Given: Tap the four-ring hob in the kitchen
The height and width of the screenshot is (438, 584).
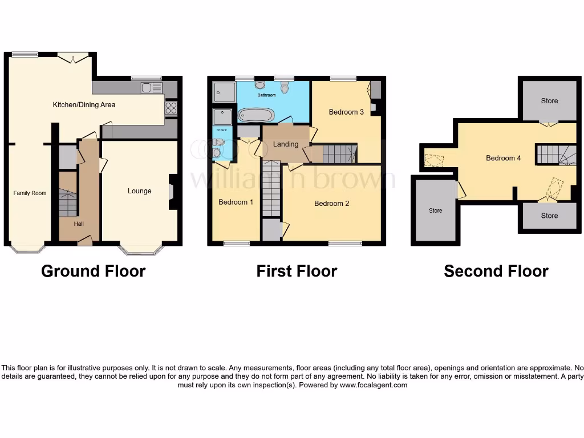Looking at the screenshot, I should point(171,108).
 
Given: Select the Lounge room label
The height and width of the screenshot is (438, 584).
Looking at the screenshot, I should point(139,191).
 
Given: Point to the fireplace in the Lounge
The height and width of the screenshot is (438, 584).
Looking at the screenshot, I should point(172,190).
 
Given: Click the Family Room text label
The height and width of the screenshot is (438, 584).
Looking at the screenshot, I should point(30,193).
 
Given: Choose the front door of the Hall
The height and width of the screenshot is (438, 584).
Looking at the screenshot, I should point(84,242).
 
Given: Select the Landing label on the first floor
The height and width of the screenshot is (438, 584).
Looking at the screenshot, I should point(286,144).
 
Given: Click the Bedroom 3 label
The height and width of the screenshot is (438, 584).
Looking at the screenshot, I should point(346,112).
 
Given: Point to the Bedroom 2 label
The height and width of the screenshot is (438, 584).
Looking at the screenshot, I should point(331,204).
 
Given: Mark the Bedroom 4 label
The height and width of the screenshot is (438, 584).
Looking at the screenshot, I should point(503,158).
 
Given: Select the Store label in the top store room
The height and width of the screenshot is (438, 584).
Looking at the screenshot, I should point(549,101).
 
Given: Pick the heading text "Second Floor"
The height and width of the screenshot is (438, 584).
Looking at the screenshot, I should point(496,271).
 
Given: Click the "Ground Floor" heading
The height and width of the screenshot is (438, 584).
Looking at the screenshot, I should point(93,271).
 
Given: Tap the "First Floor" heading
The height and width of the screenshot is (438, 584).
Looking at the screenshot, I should point(297,271).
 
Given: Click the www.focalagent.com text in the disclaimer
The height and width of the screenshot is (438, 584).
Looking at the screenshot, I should point(374,385).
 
